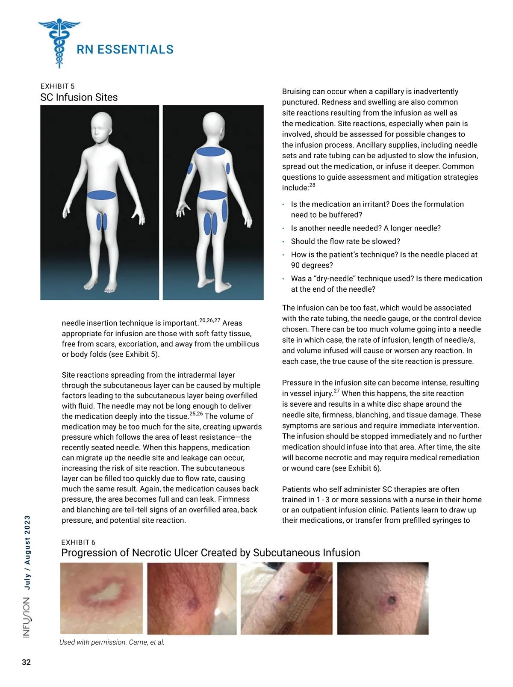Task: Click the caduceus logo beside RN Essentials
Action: [59, 43]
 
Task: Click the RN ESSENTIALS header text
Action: [125, 50]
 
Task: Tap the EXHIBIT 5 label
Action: [57, 86]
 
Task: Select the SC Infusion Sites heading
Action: [79, 98]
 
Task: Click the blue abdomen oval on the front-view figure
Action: [102, 195]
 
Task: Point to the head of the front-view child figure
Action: [102, 128]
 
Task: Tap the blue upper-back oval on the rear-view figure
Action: [211, 151]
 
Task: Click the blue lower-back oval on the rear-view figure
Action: [212, 195]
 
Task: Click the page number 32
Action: [26, 662]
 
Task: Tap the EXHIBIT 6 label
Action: [78, 542]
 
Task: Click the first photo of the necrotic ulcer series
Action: [101, 598]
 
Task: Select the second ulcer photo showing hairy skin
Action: [192, 598]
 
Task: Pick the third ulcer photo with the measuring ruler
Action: [286, 598]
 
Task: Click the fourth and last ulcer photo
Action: [383, 598]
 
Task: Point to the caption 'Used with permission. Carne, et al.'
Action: [112, 642]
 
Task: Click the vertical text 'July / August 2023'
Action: [27, 553]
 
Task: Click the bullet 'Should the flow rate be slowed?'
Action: [345, 241]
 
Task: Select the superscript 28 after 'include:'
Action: [313, 185]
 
